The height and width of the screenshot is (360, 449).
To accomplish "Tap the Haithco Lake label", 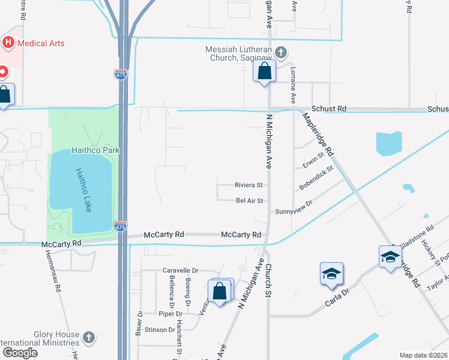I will (x=83, y=189).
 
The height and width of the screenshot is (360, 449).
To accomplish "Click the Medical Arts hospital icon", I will (x=8, y=43).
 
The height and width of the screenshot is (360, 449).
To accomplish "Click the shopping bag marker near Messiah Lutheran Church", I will (x=264, y=72).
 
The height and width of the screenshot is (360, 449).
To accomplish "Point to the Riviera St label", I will (x=249, y=185).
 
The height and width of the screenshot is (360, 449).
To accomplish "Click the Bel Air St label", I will (x=250, y=200).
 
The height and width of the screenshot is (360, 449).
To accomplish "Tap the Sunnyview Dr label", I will (x=294, y=211).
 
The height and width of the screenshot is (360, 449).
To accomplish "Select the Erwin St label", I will (x=313, y=162).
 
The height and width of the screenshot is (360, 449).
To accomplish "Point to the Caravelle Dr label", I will (x=180, y=271).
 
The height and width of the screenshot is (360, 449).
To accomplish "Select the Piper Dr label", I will (x=170, y=314).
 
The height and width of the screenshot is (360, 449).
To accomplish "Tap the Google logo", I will (x=20, y=353).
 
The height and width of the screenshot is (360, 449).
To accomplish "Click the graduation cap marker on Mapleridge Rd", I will (x=390, y=257).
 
